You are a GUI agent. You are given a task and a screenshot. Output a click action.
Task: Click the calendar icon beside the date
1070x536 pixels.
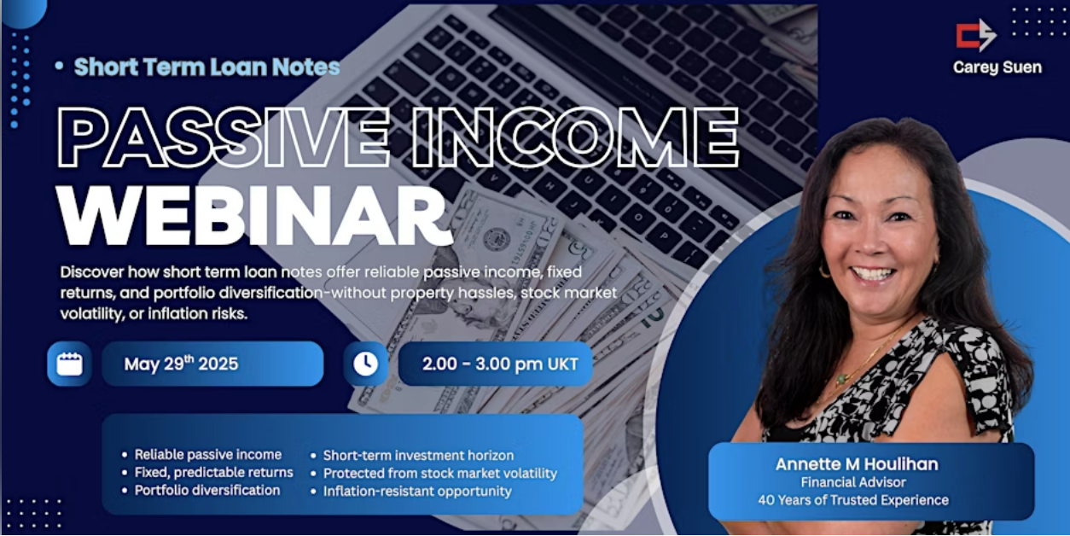[x=70, y=364]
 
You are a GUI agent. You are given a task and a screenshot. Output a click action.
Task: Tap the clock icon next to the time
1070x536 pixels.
[x=365, y=364]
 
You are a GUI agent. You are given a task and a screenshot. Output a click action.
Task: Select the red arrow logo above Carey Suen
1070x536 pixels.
[x=976, y=35]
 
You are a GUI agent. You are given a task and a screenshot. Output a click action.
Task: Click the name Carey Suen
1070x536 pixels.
[x=997, y=67]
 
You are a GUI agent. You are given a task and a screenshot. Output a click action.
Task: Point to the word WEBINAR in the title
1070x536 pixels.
[x=254, y=216]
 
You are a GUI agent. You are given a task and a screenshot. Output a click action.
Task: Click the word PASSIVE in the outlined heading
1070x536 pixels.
[x=223, y=137]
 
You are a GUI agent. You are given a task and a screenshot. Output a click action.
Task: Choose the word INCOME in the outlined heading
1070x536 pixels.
[x=576, y=137]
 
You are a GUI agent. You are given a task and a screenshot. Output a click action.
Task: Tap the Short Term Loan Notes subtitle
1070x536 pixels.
[x=206, y=67]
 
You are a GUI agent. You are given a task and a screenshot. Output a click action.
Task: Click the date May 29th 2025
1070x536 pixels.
[x=181, y=364]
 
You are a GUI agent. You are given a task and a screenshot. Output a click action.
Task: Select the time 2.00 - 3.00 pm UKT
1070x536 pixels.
[x=500, y=364]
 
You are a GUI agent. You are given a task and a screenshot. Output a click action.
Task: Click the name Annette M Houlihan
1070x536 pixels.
[x=857, y=464]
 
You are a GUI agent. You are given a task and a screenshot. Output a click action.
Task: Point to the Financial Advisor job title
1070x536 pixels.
[x=853, y=482]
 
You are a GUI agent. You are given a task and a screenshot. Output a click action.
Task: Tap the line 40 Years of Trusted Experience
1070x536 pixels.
[x=853, y=500]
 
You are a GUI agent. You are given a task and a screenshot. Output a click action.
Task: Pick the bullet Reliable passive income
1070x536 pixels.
[x=208, y=454]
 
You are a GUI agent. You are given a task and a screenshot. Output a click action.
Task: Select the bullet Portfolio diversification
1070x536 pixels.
[x=206, y=490]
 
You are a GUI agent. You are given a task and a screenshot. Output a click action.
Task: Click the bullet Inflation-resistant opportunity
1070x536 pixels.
[x=417, y=491]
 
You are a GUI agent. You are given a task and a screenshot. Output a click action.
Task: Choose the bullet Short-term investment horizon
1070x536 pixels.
[x=418, y=455]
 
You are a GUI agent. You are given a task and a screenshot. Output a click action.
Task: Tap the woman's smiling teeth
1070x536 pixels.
[x=874, y=274]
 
